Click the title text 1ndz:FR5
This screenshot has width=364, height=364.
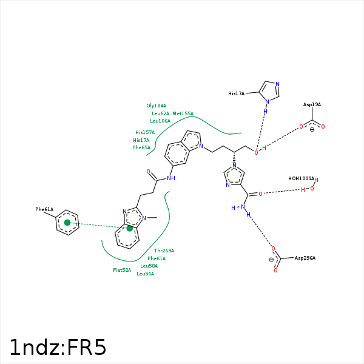point(58,348)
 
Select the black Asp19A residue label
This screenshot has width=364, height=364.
point(312,105)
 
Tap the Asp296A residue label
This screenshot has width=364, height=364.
point(305,258)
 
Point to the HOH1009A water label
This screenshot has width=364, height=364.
point(301,179)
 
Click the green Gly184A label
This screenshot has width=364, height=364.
point(156,106)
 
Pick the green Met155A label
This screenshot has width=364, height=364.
point(183,113)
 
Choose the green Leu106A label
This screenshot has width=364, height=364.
point(160,121)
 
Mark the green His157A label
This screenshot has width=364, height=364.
point(145,132)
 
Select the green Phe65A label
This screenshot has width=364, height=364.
point(141,147)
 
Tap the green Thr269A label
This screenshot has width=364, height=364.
point(164,251)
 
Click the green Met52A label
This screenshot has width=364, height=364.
point(122,270)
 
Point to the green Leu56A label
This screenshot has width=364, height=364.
point(145,274)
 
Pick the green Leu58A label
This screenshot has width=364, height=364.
point(149,266)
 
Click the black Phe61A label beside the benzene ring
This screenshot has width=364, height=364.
point(44,209)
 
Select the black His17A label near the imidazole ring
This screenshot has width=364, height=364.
point(236,94)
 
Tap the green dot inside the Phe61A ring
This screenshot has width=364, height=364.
point(67,223)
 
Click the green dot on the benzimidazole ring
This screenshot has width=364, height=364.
point(130,229)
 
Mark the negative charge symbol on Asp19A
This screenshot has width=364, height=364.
point(312,129)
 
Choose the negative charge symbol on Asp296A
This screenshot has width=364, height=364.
point(271,260)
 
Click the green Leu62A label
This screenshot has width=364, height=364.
point(161,113)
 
